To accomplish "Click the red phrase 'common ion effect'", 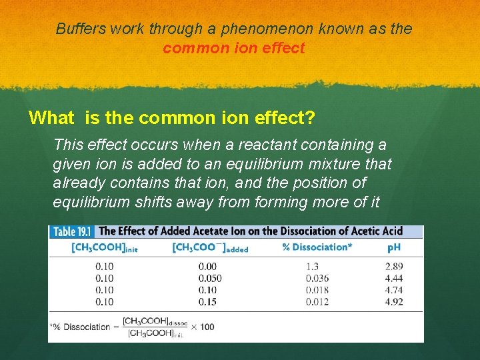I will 233,48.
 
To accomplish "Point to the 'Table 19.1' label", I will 73,232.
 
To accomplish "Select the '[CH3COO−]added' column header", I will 210,247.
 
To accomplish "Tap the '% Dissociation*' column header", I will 316,247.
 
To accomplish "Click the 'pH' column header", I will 395,247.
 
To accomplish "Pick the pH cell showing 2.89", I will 393,267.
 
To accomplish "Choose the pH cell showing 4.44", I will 393,278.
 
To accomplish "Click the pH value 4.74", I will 393,289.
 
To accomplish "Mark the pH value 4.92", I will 393,301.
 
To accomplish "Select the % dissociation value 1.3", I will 313,267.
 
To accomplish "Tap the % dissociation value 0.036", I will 317,278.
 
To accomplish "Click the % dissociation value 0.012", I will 317,301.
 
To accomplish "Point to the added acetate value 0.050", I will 210,278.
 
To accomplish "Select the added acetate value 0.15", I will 207,301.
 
